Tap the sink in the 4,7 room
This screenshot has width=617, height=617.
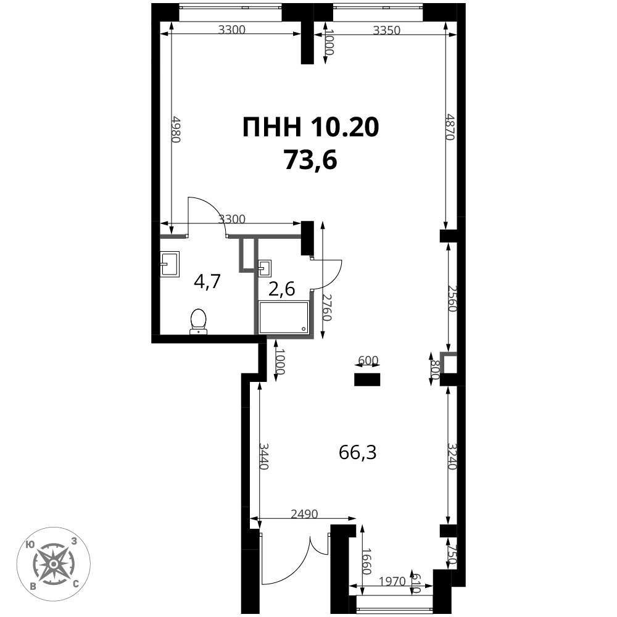pos(170,263)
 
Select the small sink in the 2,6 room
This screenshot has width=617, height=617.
pos(265,268)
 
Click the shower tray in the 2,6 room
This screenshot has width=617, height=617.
pos(283,317)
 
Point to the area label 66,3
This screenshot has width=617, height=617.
pos(357,452)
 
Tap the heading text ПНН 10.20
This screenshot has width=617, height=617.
pos(311,128)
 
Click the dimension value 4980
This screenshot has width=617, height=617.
pos(176,129)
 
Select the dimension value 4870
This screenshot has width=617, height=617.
pos(450,126)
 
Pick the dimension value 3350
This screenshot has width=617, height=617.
pos(386,30)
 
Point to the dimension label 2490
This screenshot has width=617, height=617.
pos(304,514)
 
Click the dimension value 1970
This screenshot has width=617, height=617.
pos(392,581)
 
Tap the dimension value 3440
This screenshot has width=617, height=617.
pos(263,456)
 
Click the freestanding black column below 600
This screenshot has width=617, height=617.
pos(367,379)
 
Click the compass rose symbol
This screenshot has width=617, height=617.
pos(53,564)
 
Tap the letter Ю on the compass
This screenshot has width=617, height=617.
pos(29,545)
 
